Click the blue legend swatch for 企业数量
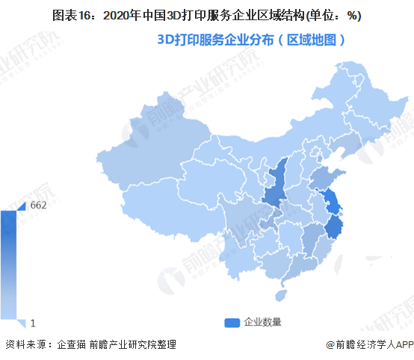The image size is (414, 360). click(232, 322)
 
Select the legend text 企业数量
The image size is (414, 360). click(262, 322)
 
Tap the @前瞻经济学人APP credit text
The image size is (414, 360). click(368, 344)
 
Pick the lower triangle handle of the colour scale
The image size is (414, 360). click(22, 323)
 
